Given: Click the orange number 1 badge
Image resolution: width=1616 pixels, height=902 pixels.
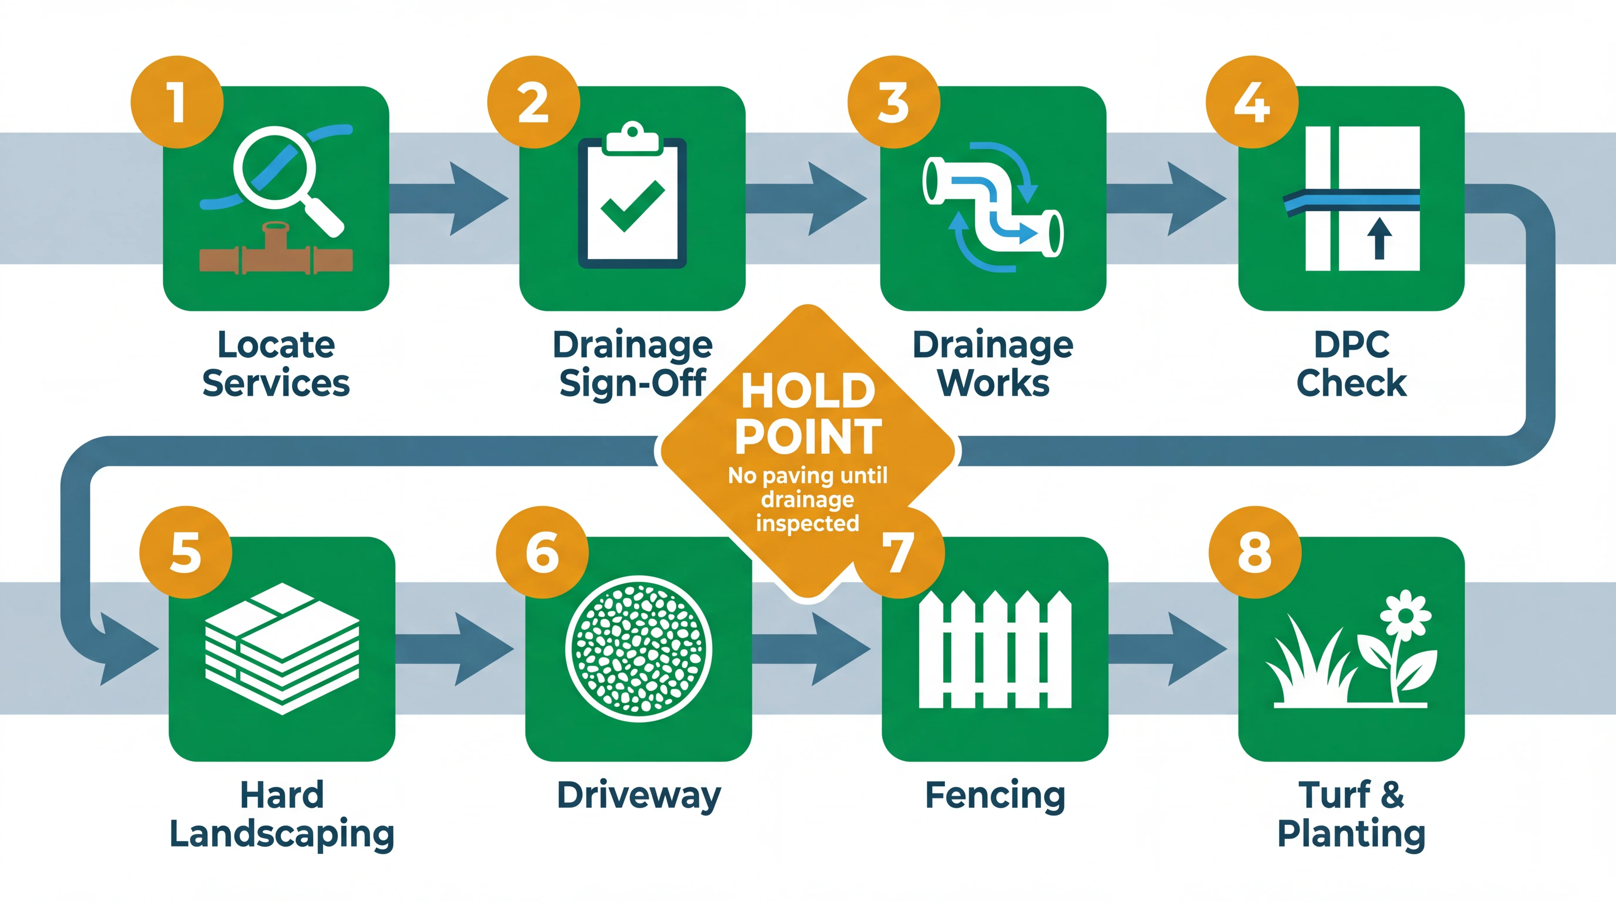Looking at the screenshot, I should (x=177, y=102).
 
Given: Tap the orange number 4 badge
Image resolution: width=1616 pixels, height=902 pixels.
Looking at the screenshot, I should (x=1252, y=102).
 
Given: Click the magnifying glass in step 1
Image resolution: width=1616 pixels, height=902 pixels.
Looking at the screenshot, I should (x=276, y=168).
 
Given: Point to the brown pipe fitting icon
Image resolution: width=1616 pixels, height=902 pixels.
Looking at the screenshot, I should (x=276, y=251).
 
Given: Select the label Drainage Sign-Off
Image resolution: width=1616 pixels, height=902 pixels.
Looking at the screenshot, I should (x=632, y=364).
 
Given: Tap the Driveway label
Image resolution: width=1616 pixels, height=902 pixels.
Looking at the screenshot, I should (x=639, y=795).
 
